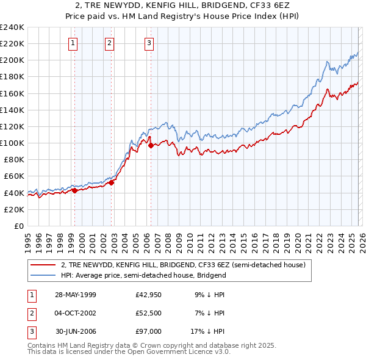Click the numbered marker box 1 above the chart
73,43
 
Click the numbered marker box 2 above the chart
109,43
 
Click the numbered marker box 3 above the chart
149,43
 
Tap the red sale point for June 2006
151,145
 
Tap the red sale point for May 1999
74,190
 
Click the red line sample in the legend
43,265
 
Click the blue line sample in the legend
43,275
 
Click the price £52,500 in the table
149,313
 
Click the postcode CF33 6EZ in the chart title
274,5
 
